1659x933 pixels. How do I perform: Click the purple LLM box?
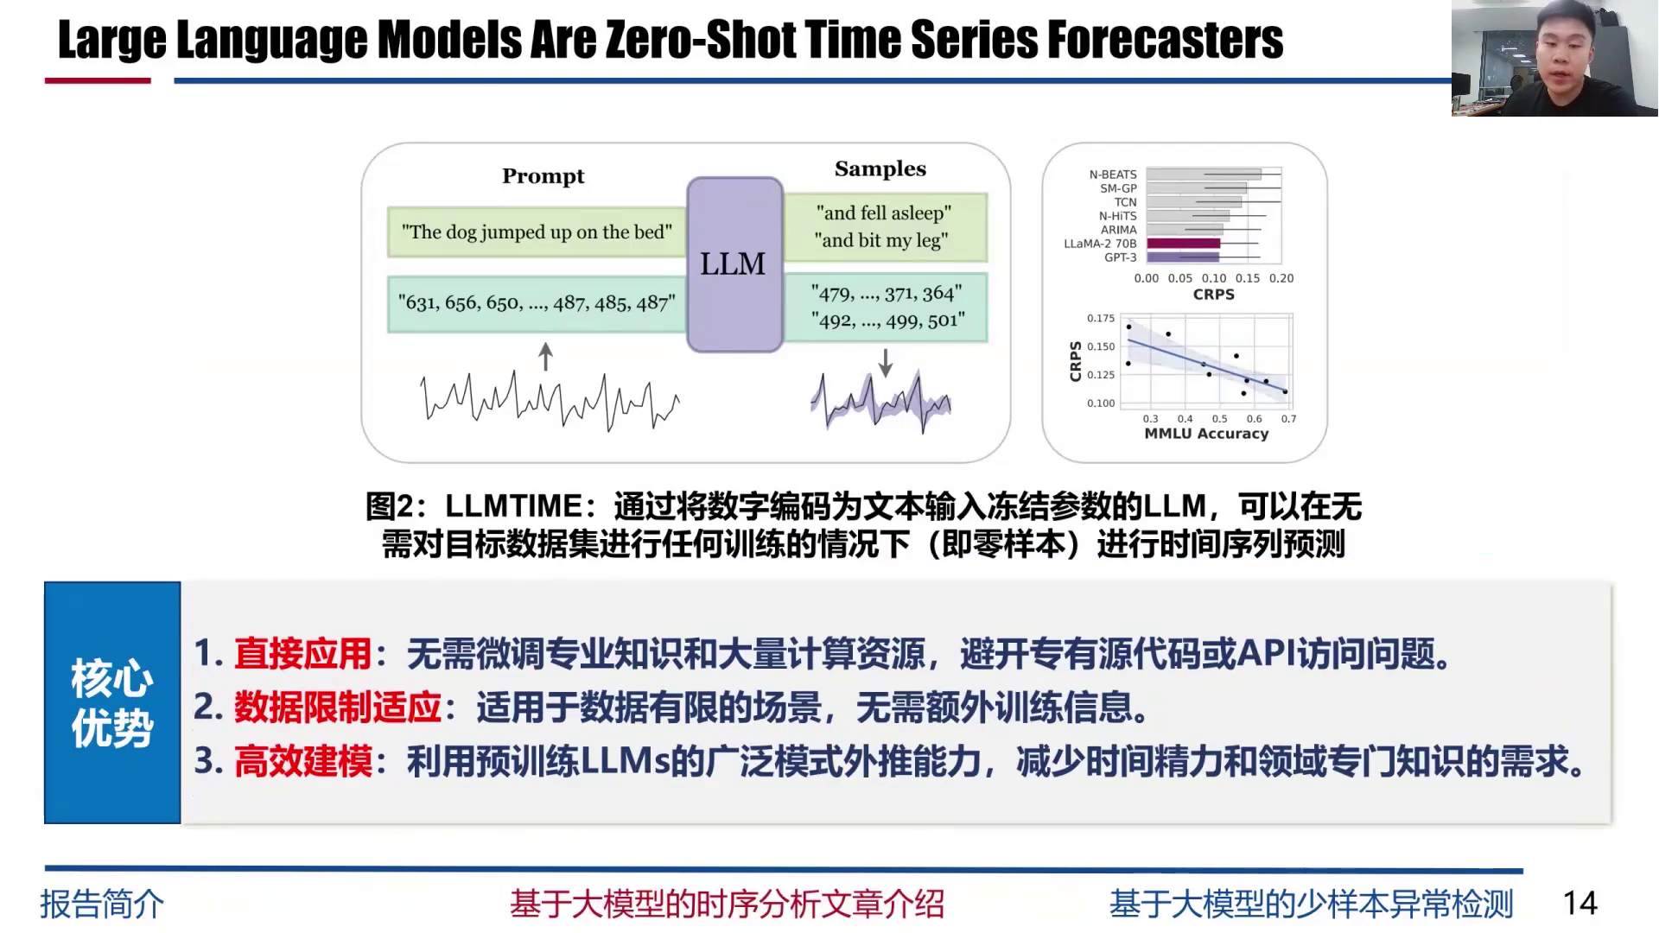tap(734, 264)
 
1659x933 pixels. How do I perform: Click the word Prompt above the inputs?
tap(543, 176)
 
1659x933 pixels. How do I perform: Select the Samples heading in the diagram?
tap(880, 169)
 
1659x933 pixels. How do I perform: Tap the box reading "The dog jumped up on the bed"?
tap(537, 232)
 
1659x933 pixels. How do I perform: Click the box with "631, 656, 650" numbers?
tap(537, 303)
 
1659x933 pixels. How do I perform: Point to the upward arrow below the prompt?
tap(545, 356)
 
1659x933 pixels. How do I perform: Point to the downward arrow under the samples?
tap(885, 363)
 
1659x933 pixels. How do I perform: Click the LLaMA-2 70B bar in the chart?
tap(1182, 244)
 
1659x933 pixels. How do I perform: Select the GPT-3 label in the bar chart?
tap(1120, 257)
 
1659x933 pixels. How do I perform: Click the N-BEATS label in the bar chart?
tap(1112, 175)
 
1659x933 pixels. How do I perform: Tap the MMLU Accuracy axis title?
tap(1206, 434)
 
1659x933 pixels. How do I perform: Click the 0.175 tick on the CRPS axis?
tap(1100, 318)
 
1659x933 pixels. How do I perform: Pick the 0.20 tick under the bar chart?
tap(1281, 278)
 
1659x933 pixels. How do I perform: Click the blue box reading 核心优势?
tap(112, 702)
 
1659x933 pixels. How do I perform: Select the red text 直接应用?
tap(302, 654)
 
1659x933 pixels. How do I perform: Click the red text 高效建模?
tap(302, 761)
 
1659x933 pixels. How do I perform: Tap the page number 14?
tap(1580, 904)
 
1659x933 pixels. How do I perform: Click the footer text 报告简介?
tap(102, 904)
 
